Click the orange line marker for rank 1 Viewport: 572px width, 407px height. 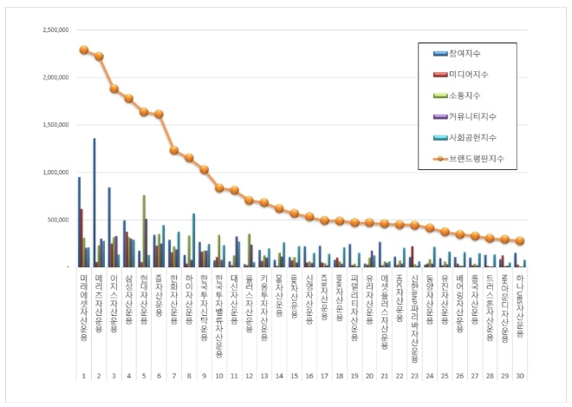click(84, 49)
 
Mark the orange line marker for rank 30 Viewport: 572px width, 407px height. click(520, 241)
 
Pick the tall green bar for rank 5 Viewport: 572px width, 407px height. click(144, 231)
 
